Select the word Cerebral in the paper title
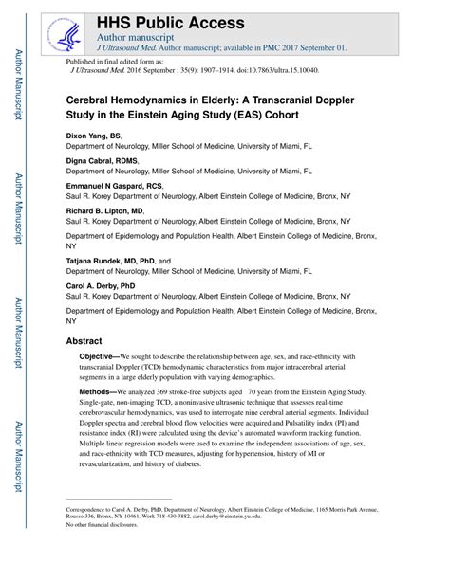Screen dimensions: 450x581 pos(91,98)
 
